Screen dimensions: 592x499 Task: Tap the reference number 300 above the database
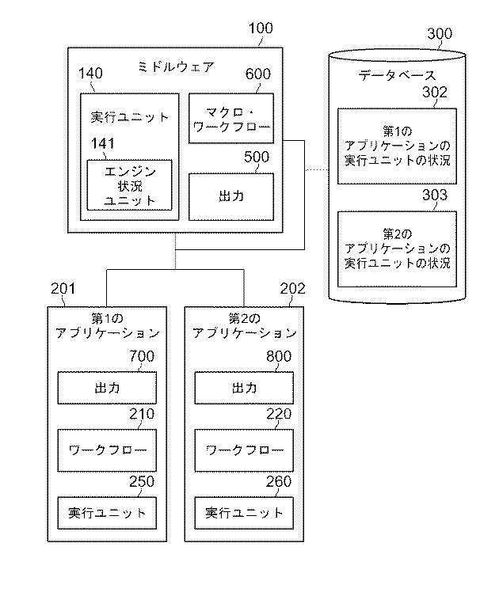[x=440, y=33]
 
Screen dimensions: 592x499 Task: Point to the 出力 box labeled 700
[x=106, y=388]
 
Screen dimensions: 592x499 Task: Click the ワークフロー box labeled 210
[x=106, y=450]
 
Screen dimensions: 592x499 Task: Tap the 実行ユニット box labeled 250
[x=106, y=512]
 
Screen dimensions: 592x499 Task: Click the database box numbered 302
[x=398, y=146]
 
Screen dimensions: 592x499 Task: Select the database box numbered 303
[x=398, y=249]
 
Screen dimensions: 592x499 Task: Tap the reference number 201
[x=63, y=290]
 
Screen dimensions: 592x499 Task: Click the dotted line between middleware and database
[x=317, y=169]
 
